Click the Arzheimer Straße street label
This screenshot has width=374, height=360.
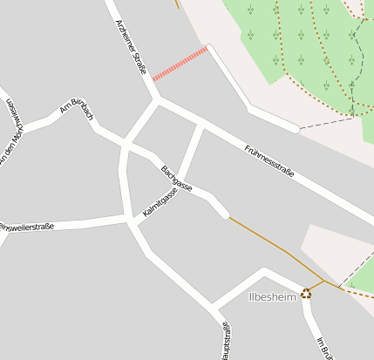(x=129, y=48)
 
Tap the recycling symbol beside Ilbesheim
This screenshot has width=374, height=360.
(x=306, y=294)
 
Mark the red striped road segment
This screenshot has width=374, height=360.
(x=180, y=65)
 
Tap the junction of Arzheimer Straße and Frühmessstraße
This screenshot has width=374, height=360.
(x=157, y=99)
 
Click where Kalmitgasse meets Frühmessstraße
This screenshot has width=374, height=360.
(x=203, y=125)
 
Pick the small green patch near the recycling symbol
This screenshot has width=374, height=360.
(x=359, y=280)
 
